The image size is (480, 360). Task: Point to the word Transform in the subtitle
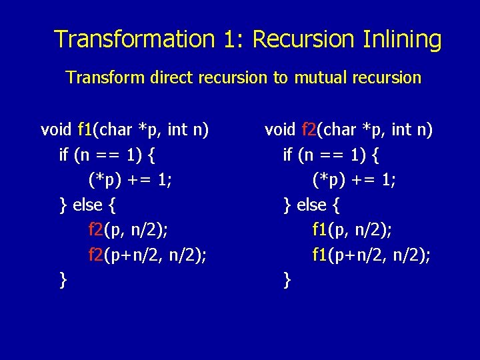coord(100,78)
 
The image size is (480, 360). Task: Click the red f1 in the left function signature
coord(85,129)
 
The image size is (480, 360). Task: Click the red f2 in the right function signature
coord(310,129)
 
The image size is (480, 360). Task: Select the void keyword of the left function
coord(56,129)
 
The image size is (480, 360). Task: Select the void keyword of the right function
coord(280,129)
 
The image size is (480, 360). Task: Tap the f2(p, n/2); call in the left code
coord(128,230)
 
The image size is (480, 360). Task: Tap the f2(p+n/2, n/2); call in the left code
coord(147,255)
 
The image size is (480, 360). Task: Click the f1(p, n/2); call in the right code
coord(352,230)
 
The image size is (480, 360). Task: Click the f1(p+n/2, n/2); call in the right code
coord(371,255)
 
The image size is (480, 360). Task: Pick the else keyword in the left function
coord(87,205)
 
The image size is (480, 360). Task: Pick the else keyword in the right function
coord(311,205)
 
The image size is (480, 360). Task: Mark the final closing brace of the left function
coord(63,280)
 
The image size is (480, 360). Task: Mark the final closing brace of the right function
coord(287,280)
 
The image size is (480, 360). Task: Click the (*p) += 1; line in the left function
coord(129,180)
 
